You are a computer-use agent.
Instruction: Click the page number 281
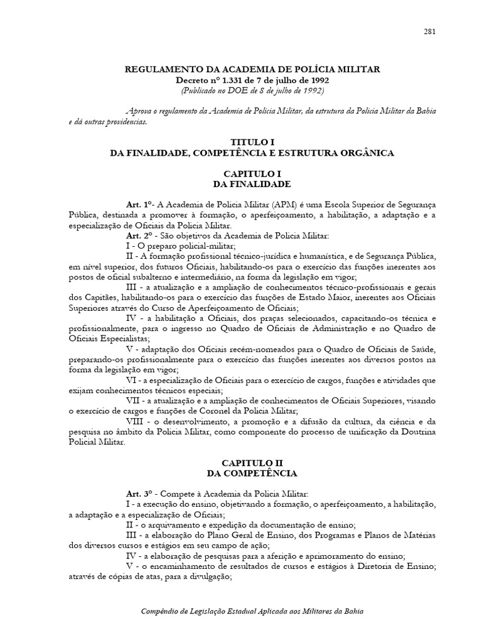click(x=430, y=31)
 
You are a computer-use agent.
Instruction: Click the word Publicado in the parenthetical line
click(x=201, y=90)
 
